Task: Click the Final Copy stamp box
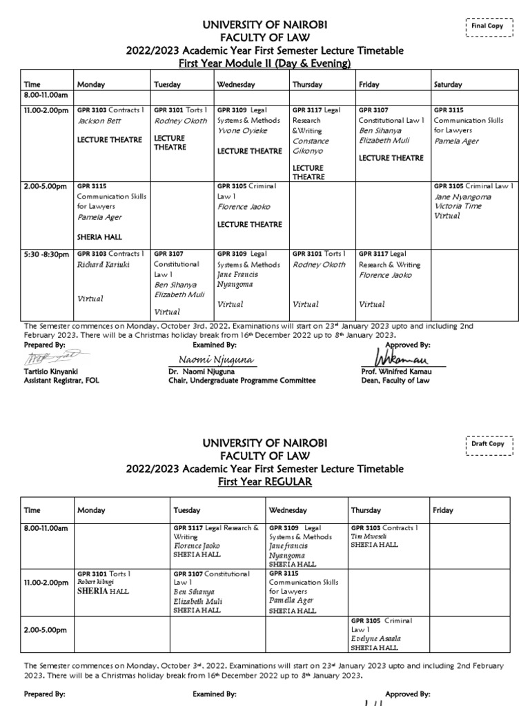click(487, 26)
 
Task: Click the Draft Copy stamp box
click(488, 444)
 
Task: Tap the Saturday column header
click(448, 85)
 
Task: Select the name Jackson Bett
click(99, 121)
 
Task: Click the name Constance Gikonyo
click(311, 145)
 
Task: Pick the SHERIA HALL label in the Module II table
click(100, 236)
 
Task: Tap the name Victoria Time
click(458, 206)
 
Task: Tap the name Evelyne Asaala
click(376, 638)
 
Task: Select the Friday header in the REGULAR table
click(443, 510)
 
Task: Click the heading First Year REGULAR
click(264, 481)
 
